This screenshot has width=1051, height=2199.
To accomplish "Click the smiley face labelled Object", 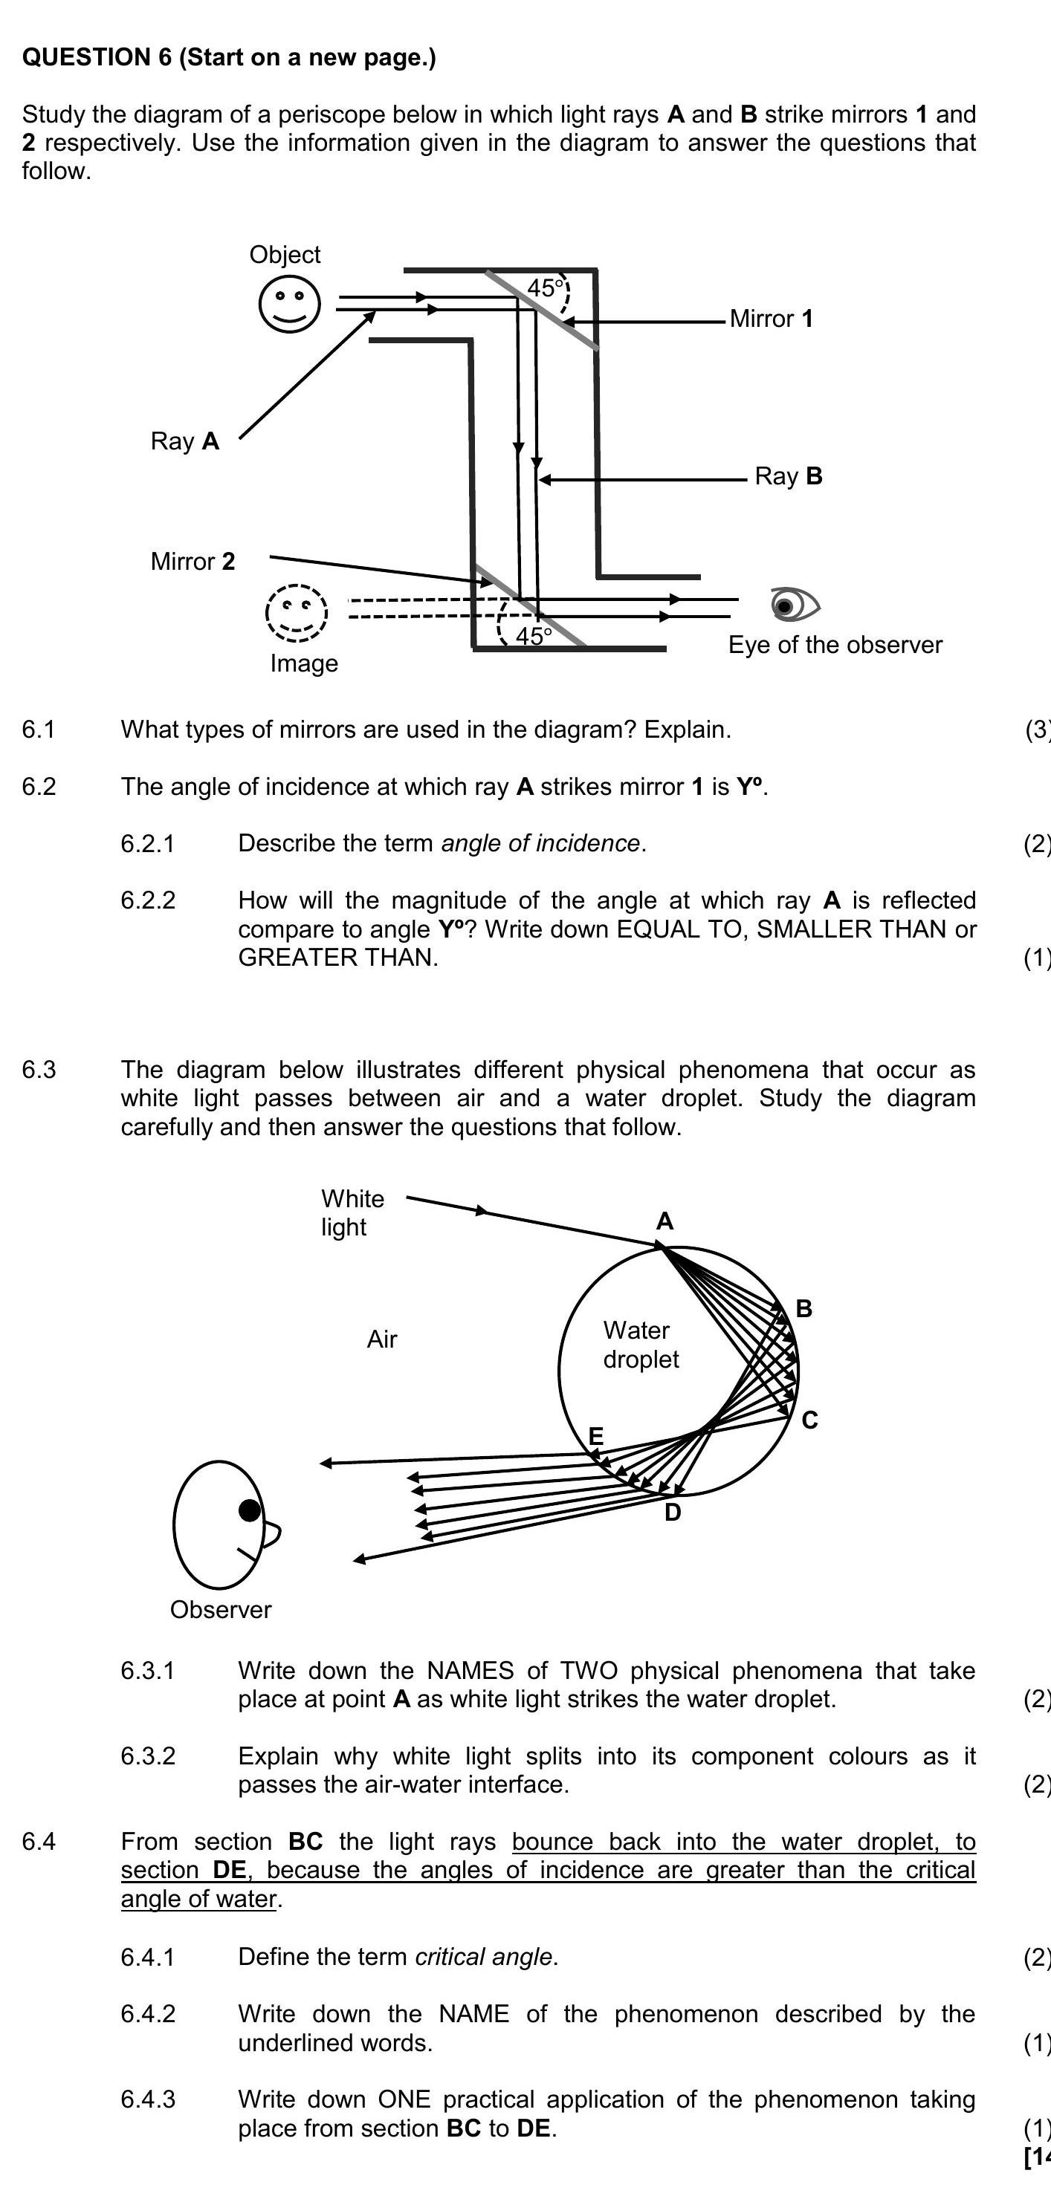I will tap(289, 304).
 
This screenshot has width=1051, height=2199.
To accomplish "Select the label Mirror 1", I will tap(771, 319).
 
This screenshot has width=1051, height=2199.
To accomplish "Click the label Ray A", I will tap(184, 441).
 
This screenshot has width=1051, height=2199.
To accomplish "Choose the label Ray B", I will tap(788, 476).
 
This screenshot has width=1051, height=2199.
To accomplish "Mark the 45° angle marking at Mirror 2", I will tap(533, 636).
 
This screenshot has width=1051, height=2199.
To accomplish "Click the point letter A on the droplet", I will tap(664, 1221).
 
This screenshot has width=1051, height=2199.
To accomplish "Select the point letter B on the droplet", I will tap(803, 1309).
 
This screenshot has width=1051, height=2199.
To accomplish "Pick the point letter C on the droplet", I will tap(809, 1420).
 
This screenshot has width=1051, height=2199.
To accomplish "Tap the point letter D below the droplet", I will tap(673, 1513).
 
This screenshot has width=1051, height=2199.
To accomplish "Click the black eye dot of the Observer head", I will tap(249, 1511).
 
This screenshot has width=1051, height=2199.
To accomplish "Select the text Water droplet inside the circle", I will tap(640, 1345).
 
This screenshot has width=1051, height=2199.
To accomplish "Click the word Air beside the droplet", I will tap(381, 1339).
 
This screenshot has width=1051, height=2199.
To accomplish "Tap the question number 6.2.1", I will tap(148, 844).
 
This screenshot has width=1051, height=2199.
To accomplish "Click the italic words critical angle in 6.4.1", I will tap(483, 1957).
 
